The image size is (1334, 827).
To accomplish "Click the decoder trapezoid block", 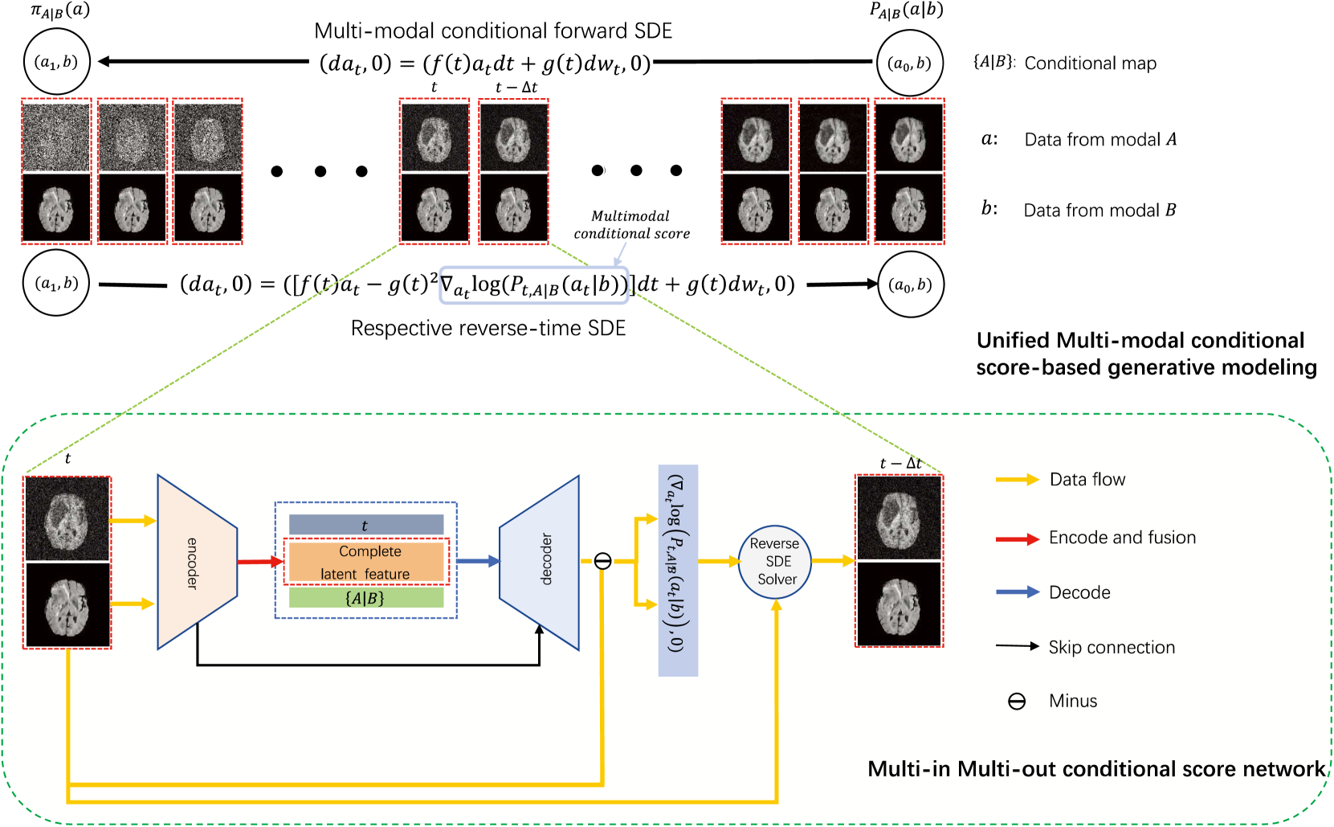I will coord(541,562).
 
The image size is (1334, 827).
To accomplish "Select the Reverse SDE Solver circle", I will coord(775,562).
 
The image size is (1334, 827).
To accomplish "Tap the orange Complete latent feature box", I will coord(366,562).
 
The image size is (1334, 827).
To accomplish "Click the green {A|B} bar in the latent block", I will coord(366,598).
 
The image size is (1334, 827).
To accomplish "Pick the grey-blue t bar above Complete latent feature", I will coord(366,525).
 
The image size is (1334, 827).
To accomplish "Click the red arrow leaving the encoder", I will coord(260,562).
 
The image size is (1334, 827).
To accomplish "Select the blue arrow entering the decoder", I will coord(478,561).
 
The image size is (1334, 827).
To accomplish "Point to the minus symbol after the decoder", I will coord(602,561).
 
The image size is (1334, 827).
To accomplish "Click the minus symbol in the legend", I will coord(1017,702).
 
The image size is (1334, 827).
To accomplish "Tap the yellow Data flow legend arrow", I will coord(1017,480).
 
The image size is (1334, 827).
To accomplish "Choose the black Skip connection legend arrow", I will coord(1017,646).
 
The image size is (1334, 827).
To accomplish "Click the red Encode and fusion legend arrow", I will coord(1017,538).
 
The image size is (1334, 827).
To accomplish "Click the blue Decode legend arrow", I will coord(1017,592).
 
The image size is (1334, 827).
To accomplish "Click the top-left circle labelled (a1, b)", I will coord(56,62).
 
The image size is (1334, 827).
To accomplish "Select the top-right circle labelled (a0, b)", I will coord(910,63).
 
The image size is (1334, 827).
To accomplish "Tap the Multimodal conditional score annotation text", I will coord(631,225).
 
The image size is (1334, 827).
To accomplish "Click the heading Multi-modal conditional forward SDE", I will coord(493,31).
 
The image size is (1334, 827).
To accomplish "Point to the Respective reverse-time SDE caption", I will coord(488,328).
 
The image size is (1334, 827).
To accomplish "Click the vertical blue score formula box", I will coord(678,570).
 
